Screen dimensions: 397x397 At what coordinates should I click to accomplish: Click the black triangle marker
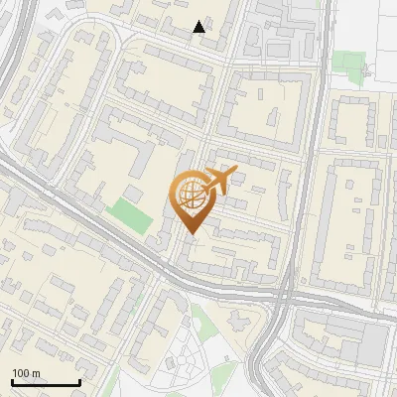pos(199,27)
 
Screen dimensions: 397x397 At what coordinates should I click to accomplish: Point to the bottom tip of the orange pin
pos(191,234)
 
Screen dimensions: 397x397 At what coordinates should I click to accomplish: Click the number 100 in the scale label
pos(21,373)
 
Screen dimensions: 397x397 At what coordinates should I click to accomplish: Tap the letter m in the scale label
pos(36,373)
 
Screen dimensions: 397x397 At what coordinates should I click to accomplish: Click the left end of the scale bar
pos(11,382)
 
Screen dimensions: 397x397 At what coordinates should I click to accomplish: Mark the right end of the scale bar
pos(79,382)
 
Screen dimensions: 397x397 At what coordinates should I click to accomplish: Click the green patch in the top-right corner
pos(348,65)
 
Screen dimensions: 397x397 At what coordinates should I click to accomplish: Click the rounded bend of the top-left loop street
pos(115,38)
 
